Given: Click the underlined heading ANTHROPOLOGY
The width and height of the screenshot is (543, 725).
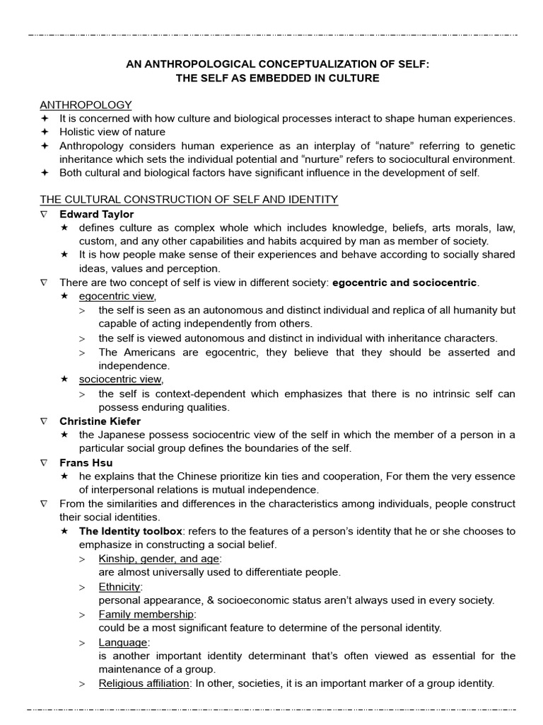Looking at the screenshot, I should (x=86, y=105).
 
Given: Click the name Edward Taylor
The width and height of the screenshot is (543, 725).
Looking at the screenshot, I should (x=96, y=214).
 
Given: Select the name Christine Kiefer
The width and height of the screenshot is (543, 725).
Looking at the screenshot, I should (x=100, y=421).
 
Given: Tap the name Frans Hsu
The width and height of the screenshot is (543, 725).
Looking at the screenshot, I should (x=86, y=462).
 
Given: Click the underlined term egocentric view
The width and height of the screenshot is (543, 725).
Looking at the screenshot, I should (x=117, y=296).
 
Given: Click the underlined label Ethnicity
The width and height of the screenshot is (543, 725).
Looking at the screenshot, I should (x=119, y=586).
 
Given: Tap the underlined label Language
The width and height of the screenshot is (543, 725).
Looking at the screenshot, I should (x=123, y=641).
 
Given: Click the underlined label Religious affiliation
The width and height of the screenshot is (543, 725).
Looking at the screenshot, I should (x=144, y=683).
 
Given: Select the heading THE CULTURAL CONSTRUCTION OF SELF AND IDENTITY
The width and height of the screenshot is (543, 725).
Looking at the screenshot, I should (x=189, y=200).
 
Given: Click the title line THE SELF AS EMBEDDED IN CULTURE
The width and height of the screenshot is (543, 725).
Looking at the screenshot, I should (x=277, y=78).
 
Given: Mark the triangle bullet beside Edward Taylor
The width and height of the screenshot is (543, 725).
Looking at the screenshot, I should (x=44, y=214).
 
